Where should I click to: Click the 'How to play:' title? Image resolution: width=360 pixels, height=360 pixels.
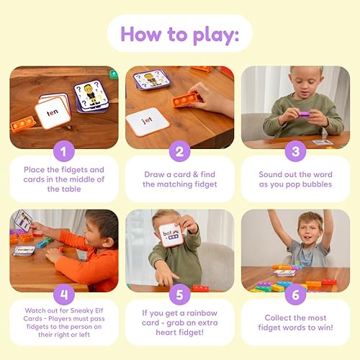point(180,33)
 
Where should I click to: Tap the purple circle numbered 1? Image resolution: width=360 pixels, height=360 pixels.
point(63,150)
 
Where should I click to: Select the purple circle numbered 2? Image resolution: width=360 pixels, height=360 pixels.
point(179,150)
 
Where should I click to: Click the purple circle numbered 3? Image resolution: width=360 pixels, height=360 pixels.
point(295,150)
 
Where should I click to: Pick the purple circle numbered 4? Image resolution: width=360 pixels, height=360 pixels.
point(63,293)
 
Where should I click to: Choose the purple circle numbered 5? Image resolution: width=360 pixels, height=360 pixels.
point(179,293)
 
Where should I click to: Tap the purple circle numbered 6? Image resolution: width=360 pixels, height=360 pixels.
point(295,293)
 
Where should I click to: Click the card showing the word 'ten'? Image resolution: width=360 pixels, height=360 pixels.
point(53,113)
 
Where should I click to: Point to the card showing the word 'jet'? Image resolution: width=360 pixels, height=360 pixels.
point(147,120)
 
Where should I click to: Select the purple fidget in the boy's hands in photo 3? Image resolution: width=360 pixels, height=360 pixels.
point(304,113)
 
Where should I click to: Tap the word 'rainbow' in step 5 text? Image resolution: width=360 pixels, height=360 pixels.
point(207,314)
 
